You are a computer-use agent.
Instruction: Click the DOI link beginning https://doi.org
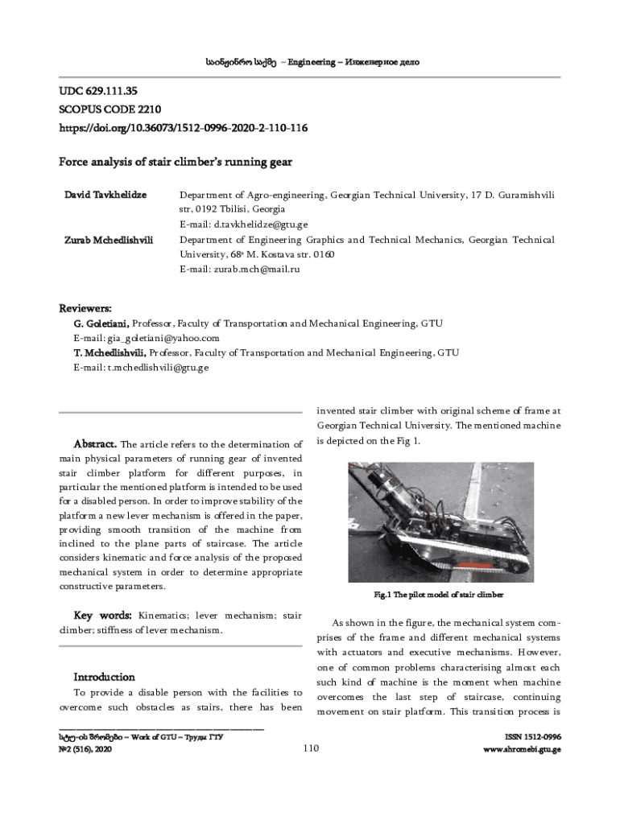pyautogui.click(x=183, y=129)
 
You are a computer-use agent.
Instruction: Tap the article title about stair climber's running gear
pyautogui.click(x=175, y=162)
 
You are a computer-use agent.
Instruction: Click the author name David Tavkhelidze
pyautogui.click(x=105, y=195)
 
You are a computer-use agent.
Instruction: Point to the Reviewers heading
pyautogui.click(x=86, y=308)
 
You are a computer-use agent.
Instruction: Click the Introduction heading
pyautogui.click(x=104, y=677)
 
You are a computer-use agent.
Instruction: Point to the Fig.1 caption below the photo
pyautogui.click(x=438, y=595)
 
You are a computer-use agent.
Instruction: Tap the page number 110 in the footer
pyautogui.click(x=312, y=749)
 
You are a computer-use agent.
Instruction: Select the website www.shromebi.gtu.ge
pyautogui.click(x=522, y=749)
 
